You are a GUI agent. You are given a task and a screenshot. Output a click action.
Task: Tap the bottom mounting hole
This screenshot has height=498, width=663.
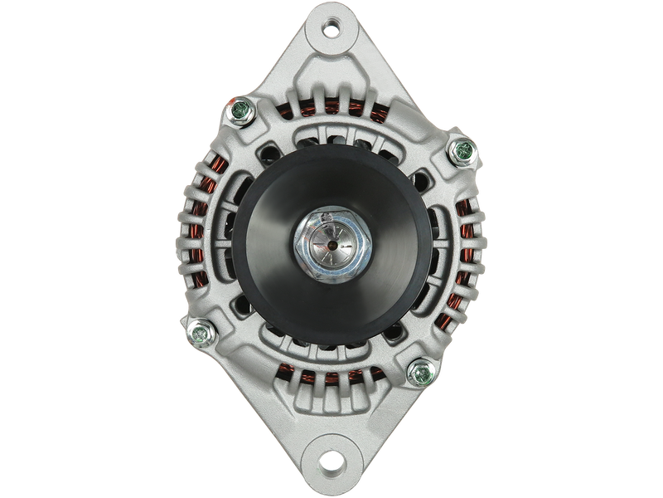coord(331,458)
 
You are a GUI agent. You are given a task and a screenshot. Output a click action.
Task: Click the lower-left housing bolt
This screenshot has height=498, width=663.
coord(199,331)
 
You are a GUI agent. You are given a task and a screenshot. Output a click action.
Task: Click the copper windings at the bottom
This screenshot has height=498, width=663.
coord(331,378)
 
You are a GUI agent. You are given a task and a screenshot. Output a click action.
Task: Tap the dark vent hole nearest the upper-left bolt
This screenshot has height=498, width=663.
coord(268,154)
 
